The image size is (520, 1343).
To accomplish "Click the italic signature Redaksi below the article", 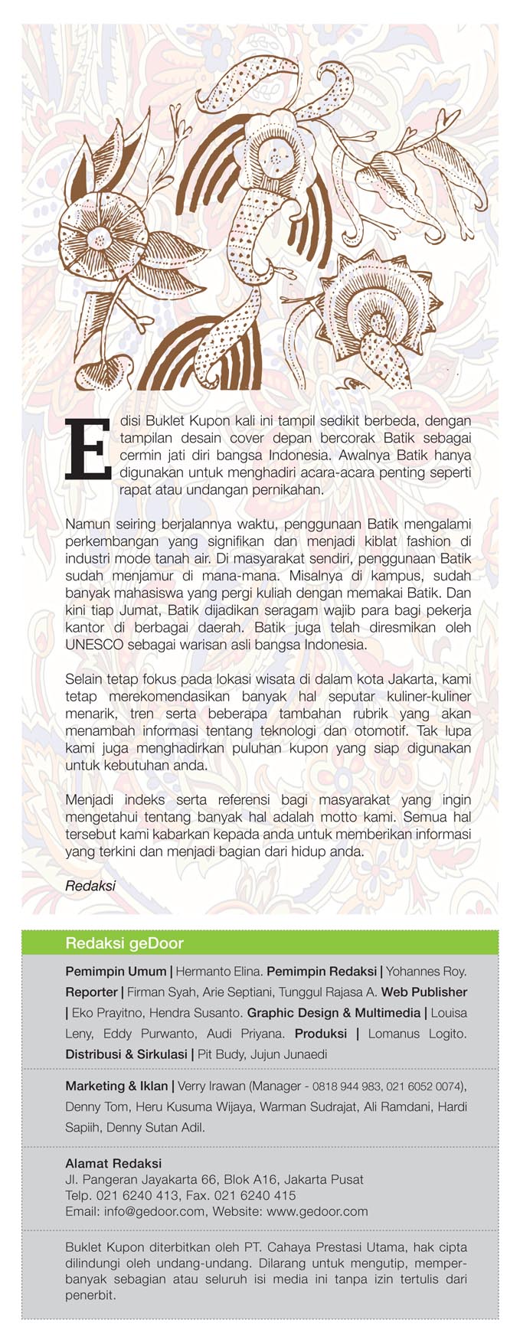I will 90,886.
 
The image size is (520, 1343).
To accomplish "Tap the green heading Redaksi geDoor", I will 124,943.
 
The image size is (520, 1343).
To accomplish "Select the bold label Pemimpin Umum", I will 116,971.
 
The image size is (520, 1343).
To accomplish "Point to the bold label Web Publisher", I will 424,992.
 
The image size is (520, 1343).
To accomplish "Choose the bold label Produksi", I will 321,1033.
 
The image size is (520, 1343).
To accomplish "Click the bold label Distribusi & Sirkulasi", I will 126,1054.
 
